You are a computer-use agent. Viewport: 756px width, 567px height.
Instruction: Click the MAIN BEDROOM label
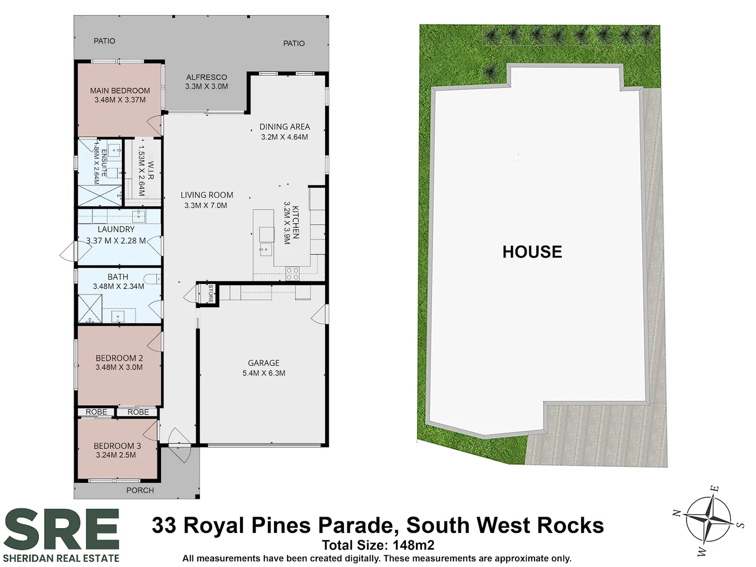point(120,90)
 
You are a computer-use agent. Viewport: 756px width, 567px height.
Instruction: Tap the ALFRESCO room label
point(206,77)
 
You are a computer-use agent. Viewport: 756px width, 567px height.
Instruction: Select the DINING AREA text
point(285,127)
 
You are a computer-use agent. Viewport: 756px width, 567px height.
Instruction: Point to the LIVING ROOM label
point(207,195)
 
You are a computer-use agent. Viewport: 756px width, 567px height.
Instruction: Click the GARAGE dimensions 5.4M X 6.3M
point(264,373)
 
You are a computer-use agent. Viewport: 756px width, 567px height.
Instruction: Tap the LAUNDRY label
point(116,229)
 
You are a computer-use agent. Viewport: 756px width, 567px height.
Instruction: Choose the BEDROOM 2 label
point(119,358)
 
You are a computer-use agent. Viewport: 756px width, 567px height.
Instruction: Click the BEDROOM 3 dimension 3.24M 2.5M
point(116,455)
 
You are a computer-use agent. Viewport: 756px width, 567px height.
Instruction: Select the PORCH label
point(140,490)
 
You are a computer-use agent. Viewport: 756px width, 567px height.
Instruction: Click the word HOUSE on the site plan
point(532,252)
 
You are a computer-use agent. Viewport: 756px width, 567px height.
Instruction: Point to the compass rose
point(708,519)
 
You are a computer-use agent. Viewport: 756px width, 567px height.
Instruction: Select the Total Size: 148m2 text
point(378,545)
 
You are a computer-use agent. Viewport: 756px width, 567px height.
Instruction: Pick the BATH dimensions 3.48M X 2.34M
point(119,287)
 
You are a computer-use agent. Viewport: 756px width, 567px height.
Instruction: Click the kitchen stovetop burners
point(292,274)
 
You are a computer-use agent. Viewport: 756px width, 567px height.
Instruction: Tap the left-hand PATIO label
point(104,41)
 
